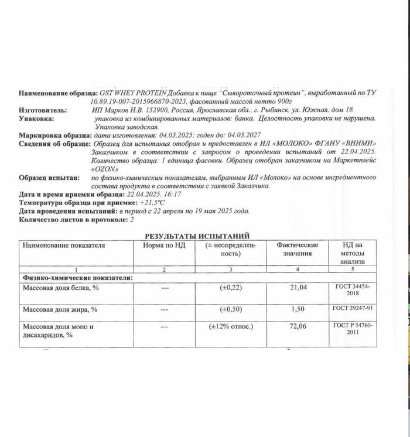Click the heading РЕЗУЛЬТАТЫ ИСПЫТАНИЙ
[x=197, y=235]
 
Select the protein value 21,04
[x=297, y=287]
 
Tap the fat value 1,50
[x=297, y=309]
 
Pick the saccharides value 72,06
[x=297, y=326]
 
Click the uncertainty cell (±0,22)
[x=230, y=287]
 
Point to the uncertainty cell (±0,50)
[x=230, y=309]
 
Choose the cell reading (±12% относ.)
[x=230, y=326]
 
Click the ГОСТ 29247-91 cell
[x=353, y=308]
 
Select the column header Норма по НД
[x=164, y=245]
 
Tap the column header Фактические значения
[x=297, y=249]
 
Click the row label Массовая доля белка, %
[x=60, y=288]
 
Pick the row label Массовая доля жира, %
[x=59, y=309]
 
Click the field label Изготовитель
[x=43, y=110]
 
